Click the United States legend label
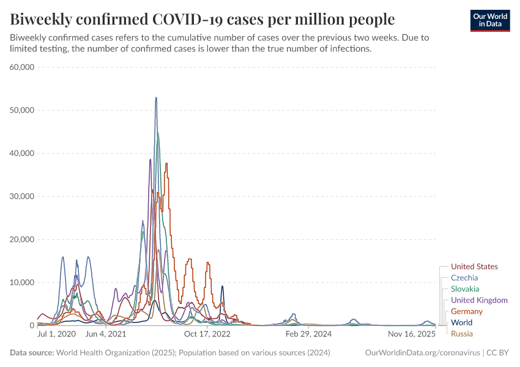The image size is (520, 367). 474,267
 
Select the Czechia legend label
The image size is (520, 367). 464,278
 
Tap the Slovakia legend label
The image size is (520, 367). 465,289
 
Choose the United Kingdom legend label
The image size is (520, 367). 479,300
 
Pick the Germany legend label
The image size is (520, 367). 467,311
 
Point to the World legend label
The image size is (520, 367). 461,322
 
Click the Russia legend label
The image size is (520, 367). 462,334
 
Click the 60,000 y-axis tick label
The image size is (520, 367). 22,67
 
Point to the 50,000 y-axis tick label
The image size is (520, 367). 22,110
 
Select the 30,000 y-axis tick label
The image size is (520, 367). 22,196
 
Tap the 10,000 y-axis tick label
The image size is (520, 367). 22,283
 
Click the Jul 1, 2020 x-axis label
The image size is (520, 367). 56,335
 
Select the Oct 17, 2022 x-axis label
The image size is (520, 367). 208,335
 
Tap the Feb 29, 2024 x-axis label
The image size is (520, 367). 308,335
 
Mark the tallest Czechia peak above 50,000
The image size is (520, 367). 156,97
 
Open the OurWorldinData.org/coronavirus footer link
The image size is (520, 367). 422,353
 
